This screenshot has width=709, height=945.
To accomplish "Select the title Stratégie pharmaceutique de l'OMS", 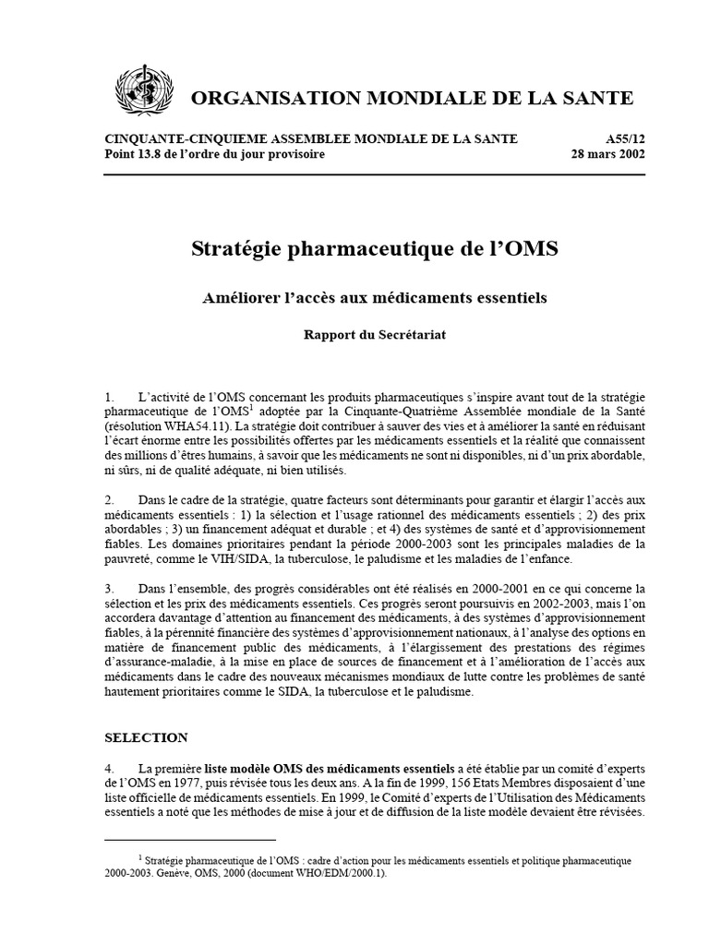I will tap(374, 249).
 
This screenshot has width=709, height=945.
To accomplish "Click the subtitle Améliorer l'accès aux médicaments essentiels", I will tap(374, 298).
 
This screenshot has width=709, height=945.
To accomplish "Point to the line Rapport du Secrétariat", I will tap(374, 335).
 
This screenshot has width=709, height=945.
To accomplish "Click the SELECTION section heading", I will tap(146, 737).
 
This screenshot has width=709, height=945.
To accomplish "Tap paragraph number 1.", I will tap(110, 396).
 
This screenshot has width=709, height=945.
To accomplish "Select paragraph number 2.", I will tap(110, 499).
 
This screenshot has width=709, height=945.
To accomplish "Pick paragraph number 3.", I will tap(110, 588).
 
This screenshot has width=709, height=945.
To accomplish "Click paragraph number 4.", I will tap(110, 769).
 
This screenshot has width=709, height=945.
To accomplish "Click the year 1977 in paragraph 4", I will tap(201, 784).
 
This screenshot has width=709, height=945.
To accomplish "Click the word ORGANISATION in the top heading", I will tap(259, 98).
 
